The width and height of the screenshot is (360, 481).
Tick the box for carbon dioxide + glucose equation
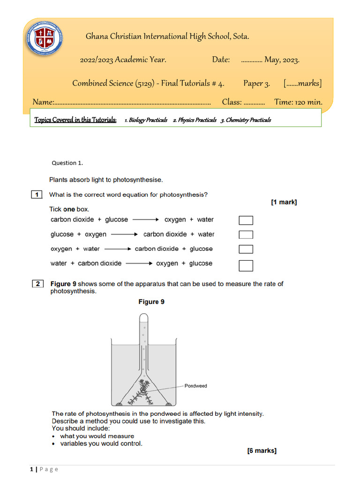[246, 220]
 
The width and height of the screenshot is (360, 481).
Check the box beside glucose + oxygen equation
[246, 235]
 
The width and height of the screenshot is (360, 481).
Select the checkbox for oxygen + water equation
[246, 249]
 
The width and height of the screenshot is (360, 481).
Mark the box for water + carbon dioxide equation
[246, 265]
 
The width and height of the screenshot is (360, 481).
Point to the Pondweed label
[195, 386]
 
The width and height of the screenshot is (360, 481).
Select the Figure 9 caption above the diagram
[151, 302]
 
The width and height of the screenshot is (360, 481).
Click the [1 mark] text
[284, 202]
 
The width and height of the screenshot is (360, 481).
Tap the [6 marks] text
[262, 451]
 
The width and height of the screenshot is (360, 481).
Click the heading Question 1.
[67, 163]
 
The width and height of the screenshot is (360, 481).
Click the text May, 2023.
[282, 60]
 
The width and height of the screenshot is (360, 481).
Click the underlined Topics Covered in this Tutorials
[75, 120]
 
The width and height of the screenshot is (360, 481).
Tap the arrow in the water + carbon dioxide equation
[139, 264]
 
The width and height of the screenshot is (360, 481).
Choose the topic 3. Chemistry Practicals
[246, 120]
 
